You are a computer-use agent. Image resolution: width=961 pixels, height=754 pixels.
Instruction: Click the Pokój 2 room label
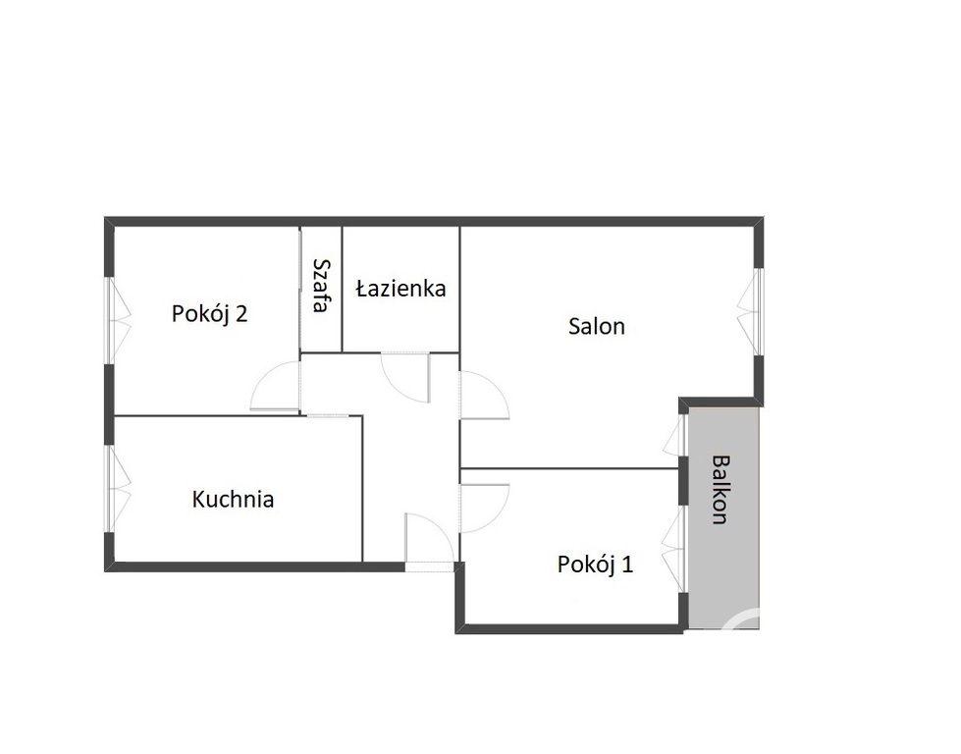pos(209,314)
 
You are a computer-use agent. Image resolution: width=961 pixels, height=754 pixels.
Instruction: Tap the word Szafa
pos(320,285)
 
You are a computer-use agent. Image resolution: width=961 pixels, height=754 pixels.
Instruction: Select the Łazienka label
pos(400,289)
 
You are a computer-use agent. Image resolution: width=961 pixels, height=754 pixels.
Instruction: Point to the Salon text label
pos(597,326)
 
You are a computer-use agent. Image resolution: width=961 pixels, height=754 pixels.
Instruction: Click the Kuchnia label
pos(233,499)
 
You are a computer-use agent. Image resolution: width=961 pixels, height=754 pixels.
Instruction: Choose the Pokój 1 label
pos(595,565)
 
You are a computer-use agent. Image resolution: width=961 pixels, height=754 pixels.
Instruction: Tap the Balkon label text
pos(721,489)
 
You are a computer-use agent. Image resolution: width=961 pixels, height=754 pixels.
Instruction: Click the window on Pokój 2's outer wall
pos(115,321)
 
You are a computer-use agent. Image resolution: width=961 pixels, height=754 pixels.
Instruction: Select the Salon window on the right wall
pos(753,311)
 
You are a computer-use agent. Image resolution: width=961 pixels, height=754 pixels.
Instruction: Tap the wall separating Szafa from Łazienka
pos(342,290)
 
